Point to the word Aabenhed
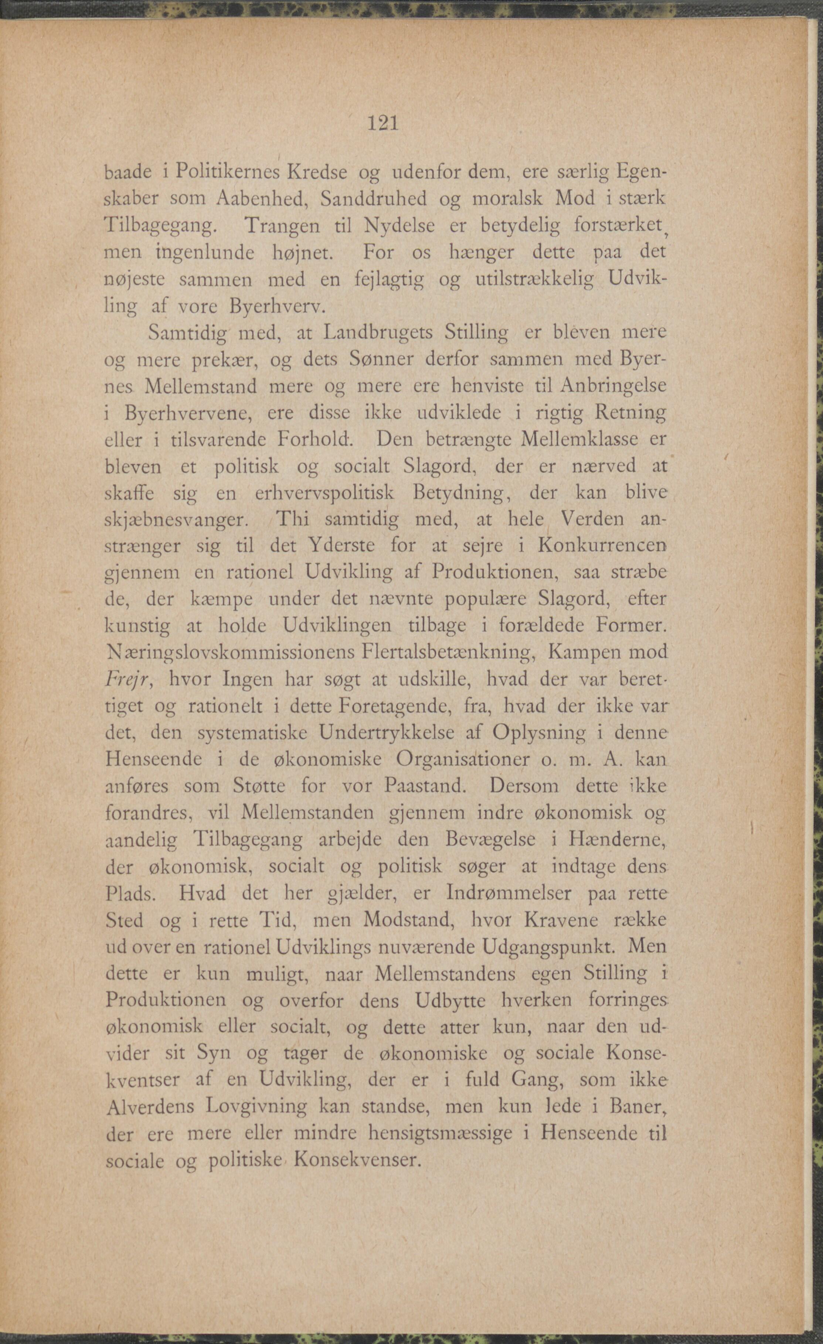tap(262, 199)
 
